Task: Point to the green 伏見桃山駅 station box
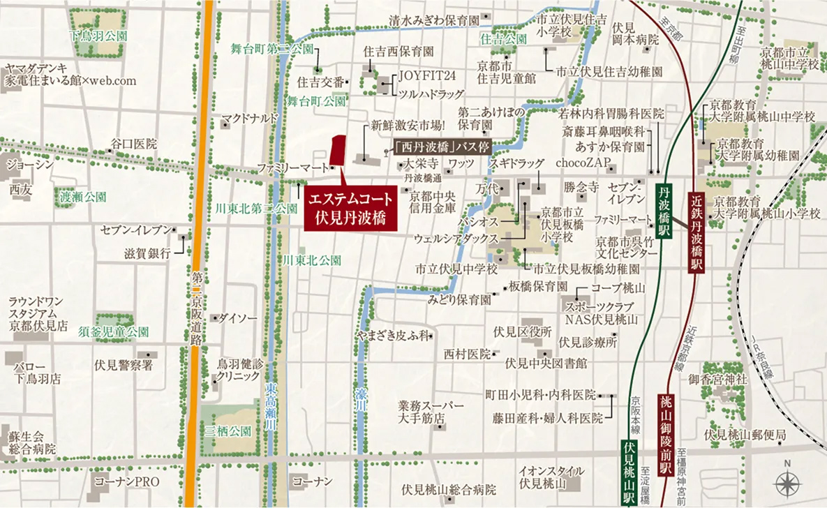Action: [x=629, y=472]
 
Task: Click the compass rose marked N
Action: [x=787, y=482]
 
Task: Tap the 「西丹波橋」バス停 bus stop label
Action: [x=442, y=147]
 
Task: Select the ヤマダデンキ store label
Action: [x=70, y=74]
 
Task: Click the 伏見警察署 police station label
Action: [x=124, y=364]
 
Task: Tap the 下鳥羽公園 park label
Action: [x=98, y=35]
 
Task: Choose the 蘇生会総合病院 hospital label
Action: [x=32, y=442]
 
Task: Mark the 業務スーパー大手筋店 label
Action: [x=431, y=412]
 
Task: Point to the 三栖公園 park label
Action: [x=228, y=431]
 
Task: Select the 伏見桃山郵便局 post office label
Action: [x=745, y=435]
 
